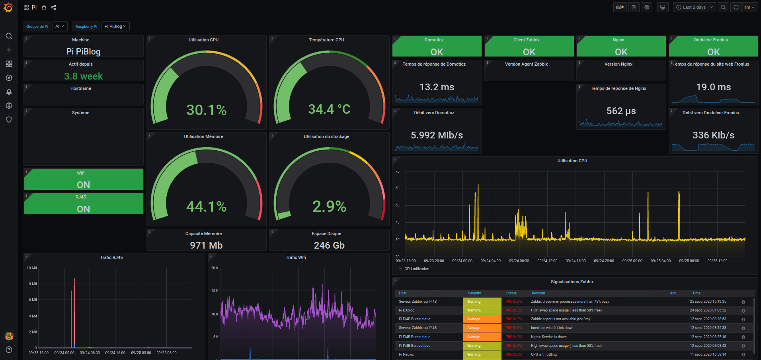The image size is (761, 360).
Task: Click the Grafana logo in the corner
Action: [8, 7]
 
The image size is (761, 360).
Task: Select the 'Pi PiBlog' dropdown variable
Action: [115, 26]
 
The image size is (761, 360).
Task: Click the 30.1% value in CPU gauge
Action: [206, 110]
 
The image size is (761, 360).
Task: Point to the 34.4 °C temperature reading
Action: [329, 109]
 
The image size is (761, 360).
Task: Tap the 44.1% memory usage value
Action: [206, 206]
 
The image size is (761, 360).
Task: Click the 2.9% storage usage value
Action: [329, 206]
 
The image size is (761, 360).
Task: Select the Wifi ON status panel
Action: [83, 180]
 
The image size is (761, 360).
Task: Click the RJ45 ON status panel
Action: [83, 204]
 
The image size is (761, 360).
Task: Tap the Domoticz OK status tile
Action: [437, 47]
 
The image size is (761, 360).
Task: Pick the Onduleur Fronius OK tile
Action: [713, 47]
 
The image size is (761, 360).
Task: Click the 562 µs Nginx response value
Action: [621, 111]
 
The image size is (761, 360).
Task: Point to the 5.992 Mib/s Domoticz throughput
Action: [437, 135]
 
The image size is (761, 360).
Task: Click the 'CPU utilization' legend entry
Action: [416, 269]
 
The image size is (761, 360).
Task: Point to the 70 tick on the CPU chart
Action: [397, 171]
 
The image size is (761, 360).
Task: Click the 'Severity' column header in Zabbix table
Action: [474, 293]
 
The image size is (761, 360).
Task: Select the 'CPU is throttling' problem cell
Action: [544, 354]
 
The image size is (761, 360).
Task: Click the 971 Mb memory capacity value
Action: [206, 245]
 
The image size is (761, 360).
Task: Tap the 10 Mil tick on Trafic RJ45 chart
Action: [32, 268]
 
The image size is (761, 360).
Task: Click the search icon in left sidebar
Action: [9, 36]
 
